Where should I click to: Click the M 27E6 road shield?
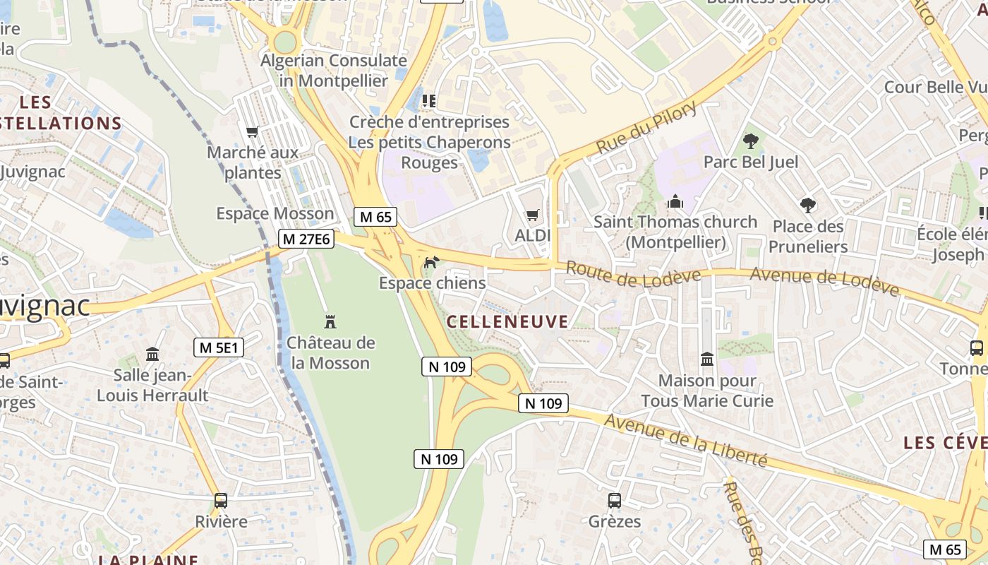306,239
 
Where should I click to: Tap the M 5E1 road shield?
219,347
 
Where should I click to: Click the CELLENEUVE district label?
507,322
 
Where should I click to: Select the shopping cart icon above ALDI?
532,215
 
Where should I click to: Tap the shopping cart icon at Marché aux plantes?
252,131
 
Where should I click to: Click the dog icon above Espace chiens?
430,263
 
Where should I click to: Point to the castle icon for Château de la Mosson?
330,322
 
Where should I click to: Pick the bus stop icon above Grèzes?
615,501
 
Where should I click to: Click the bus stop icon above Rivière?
221,501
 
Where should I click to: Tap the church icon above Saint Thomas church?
675,202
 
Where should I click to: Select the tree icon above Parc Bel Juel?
751,141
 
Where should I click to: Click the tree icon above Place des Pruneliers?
808,206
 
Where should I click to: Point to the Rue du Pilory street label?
646,127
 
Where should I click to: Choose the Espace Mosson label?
275,213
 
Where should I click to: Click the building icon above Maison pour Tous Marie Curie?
707,359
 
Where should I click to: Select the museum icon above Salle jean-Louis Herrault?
152,353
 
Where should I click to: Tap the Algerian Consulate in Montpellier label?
334,71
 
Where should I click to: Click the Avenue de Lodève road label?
824,280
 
